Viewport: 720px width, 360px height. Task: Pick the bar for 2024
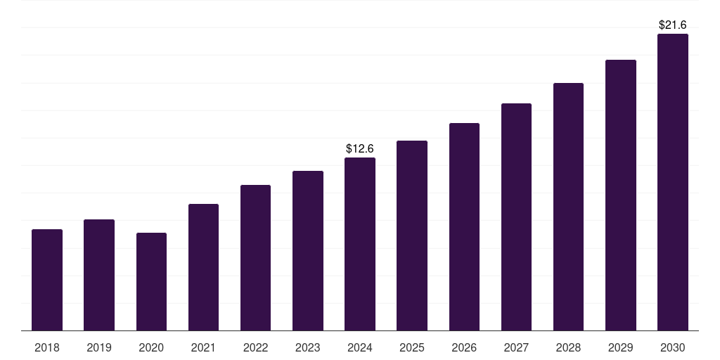click(360, 244)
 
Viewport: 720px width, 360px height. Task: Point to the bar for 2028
click(568, 207)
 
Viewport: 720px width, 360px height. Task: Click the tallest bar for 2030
click(672, 182)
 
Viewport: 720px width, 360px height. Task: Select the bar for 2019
click(99, 275)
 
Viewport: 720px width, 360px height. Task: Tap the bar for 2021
click(203, 267)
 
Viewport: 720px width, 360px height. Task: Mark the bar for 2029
click(620, 195)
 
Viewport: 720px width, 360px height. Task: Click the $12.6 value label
click(360, 149)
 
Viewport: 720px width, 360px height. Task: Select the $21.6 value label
click(672, 25)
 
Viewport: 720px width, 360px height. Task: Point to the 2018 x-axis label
click(47, 347)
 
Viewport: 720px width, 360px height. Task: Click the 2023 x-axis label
click(308, 347)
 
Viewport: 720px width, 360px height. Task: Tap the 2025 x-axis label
click(412, 347)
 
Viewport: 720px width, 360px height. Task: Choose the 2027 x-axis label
click(516, 347)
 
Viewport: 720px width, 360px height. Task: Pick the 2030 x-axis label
click(672, 347)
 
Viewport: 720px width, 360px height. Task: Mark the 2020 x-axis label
click(151, 347)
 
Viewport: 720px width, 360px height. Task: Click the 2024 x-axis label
click(360, 347)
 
